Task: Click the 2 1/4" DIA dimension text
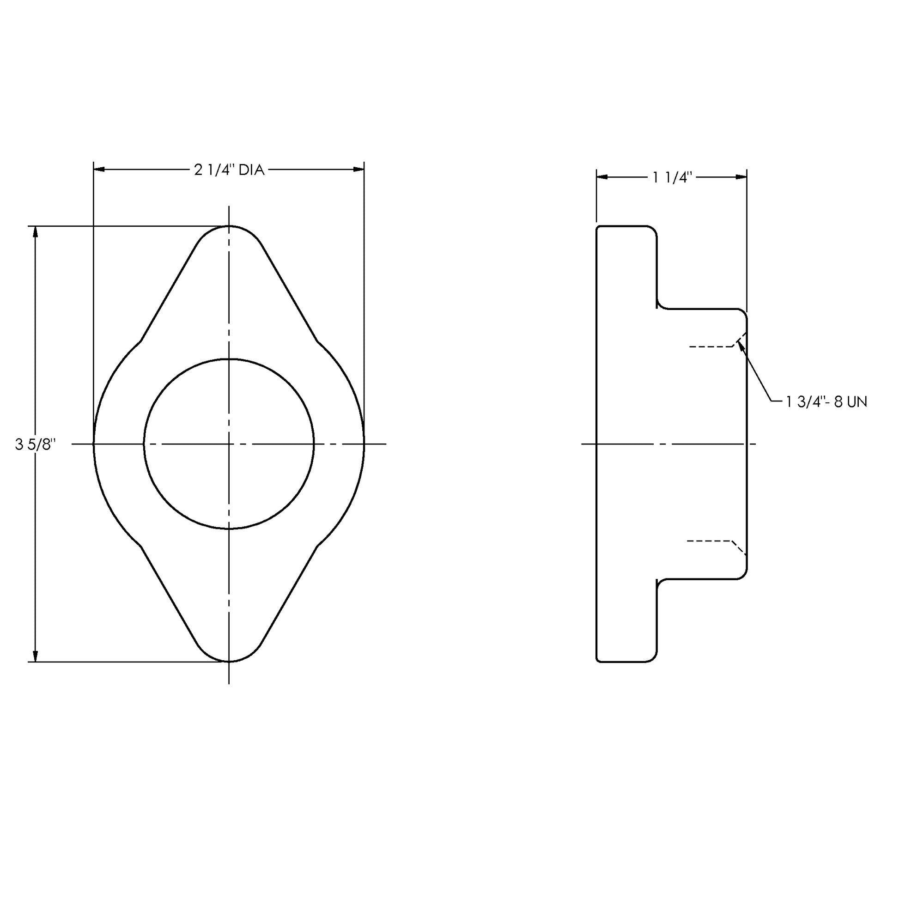(x=229, y=170)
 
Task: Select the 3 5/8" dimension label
(x=36, y=445)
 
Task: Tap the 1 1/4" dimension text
(x=672, y=177)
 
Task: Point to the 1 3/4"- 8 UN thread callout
(x=826, y=402)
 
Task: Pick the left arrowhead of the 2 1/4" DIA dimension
(x=99, y=170)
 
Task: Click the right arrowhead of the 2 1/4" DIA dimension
(x=359, y=170)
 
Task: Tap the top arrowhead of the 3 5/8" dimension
(x=35, y=232)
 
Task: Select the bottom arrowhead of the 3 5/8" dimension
(x=35, y=656)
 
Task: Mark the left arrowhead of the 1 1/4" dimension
(x=602, y=177)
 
